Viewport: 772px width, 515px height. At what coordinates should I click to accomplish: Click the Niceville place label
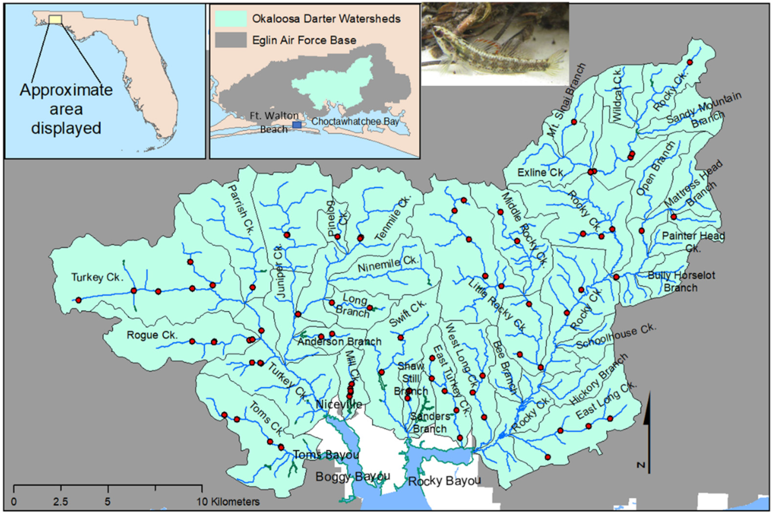tap(339, 404)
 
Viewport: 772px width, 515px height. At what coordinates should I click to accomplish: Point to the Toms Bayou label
tap(326, 455)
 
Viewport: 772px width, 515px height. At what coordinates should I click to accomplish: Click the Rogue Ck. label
tap(152, 335)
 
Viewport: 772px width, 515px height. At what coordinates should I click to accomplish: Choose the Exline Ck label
tap(540, 172)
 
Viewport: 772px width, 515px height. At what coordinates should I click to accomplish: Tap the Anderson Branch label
tap(339, 341)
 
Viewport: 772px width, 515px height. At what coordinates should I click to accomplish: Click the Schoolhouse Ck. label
tap(616, 336)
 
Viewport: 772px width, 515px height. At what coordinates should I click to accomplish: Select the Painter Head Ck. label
tap(693, 241)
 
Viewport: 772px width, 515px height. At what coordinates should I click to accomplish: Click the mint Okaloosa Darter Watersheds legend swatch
tap(231, 19)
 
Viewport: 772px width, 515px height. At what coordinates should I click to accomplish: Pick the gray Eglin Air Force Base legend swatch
tap(231, 40)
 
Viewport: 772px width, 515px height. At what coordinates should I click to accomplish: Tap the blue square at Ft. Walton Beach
tap(297, 125)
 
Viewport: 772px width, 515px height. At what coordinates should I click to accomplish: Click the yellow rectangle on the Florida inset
tap(55, 19)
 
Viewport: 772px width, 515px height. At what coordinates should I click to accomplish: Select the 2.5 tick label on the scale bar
tap(61, 502)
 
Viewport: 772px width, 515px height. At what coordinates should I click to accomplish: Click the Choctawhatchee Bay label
tap(355, 122)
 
